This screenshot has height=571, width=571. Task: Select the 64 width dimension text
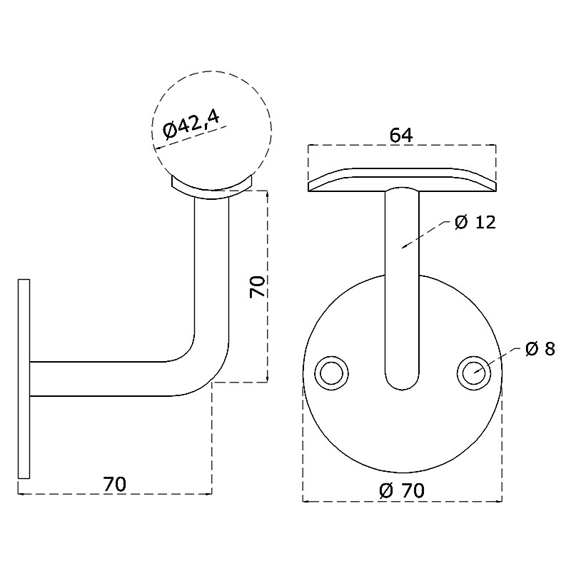coord(401,136)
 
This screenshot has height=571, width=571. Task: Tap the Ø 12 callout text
coord(475,222)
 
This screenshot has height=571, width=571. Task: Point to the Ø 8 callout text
coord(540,349)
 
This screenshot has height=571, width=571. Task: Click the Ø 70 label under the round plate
coord(402,490)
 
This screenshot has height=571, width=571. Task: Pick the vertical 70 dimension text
coord(257,287)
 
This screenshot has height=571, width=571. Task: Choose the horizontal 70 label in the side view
coord(114,485)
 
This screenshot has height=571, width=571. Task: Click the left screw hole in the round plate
coord(331,373)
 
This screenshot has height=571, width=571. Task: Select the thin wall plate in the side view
coord(24,379)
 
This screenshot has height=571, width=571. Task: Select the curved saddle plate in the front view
coord(402,180)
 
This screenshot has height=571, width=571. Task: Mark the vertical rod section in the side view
coord(211,266)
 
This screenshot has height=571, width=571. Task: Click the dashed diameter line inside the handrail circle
coord(191,138)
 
